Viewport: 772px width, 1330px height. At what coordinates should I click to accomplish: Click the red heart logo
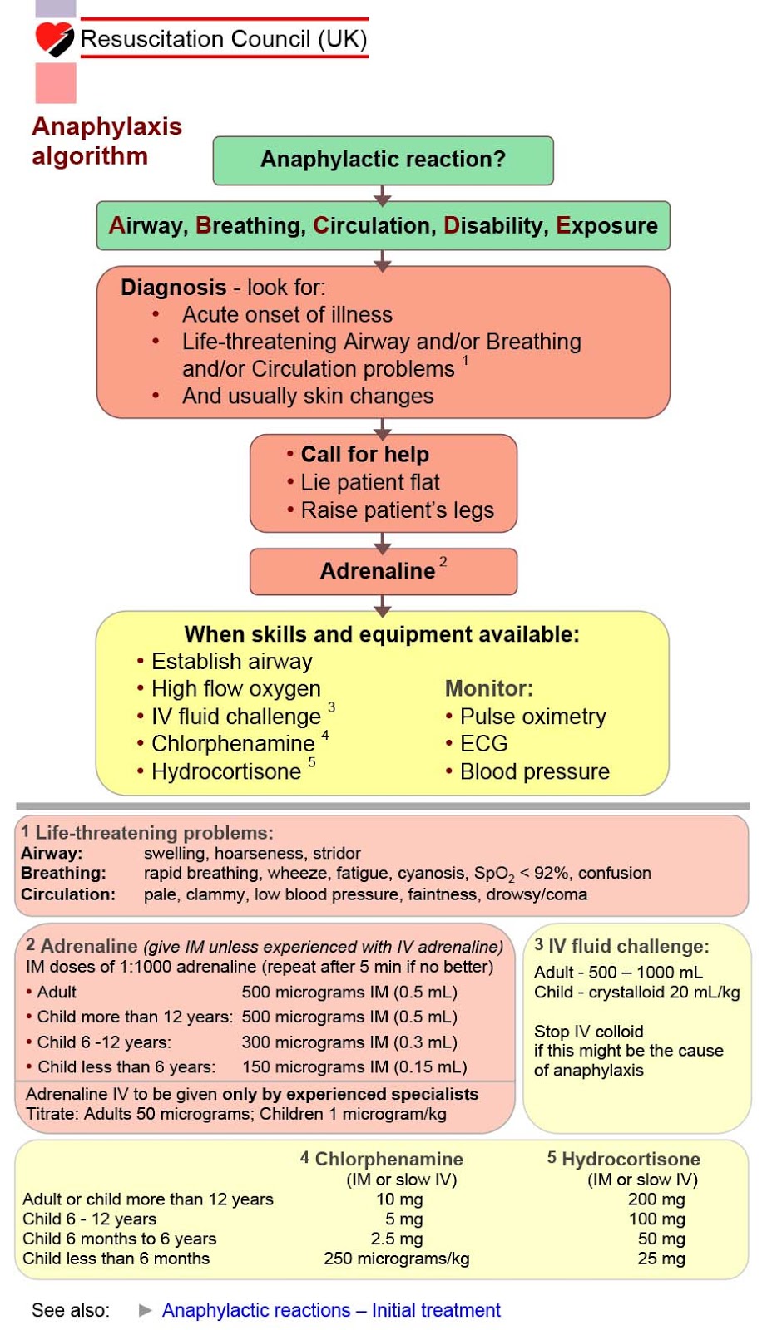(x=54, y=38)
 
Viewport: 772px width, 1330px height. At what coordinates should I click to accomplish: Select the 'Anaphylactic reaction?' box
(x=383, y=160)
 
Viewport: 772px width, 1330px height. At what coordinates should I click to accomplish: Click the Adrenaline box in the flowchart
(x=383, y=571)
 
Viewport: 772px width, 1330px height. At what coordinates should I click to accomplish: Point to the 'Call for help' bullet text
(x=364, y=454)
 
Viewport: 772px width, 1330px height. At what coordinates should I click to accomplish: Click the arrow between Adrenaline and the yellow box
(x=383, y=605)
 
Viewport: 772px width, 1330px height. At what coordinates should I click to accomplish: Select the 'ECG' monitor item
(x=483, y=743)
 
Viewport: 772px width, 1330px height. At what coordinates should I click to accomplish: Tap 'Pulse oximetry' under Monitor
(x=532, y=716)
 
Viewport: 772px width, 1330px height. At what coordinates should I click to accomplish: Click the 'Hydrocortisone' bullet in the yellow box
(x=225, y=771)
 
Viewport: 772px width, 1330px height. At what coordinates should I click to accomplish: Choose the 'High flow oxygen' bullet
(x=235, y=688)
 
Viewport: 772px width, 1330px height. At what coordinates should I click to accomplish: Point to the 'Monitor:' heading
(x=489, y=688)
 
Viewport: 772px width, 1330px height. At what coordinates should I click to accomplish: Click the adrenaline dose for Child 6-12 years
(x=349, y=1042)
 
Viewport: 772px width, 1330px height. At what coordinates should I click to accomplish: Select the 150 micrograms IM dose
(x=354, y=1066)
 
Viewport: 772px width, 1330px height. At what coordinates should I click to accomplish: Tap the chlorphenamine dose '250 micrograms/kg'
(x=396, y=1259)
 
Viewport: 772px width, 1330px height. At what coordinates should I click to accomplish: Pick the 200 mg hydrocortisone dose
(x=656, y=1199)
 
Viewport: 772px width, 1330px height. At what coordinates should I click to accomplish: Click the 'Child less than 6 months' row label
(x=116, y=1259)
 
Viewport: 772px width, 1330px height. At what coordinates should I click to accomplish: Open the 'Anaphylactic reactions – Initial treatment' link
(x=331, y=1310)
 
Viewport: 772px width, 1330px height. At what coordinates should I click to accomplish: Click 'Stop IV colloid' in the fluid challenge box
(x=588, y=1031)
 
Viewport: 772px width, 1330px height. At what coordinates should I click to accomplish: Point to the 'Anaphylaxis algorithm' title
(x=106, y=140)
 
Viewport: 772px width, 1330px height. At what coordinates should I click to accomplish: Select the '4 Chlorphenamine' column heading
(x=382, y=1159)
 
